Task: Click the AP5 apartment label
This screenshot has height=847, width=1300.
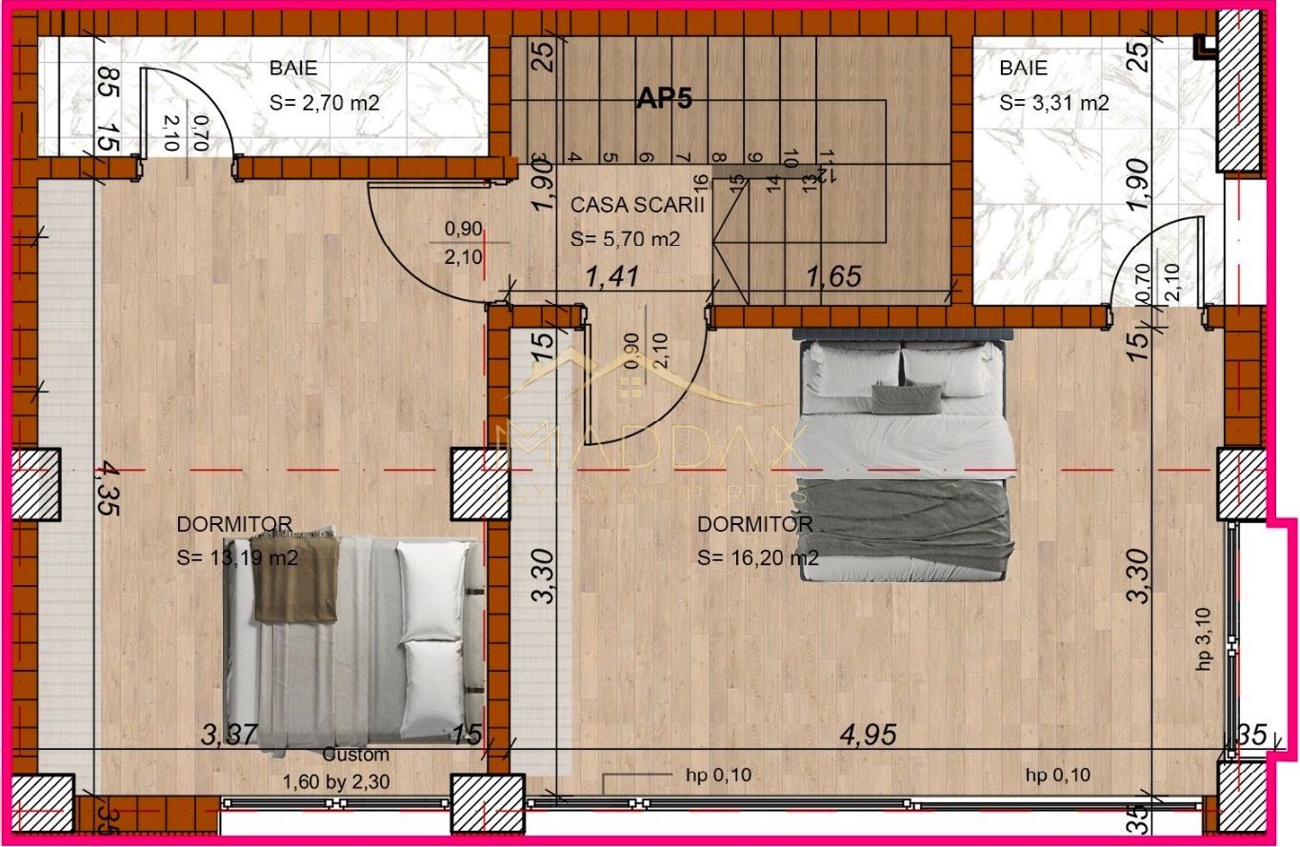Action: [x=664, y=99]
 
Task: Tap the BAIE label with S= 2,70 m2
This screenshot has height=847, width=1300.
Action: [x=293, y=68]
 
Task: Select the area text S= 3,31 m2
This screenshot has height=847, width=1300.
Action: [x=1054, y=103]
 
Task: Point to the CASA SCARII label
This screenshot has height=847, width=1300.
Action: [x=637, y=205]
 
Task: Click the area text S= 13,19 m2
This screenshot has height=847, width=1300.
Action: [x=237, y=557]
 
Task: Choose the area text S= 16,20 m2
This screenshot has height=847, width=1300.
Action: [x=758, y=557]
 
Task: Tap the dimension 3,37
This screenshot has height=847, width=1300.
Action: [x=230, y=734]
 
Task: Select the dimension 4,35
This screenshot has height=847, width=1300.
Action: [x=108, y=488]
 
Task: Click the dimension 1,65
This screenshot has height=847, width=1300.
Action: [x=833, y=276]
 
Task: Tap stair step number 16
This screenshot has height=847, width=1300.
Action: [x=700, y=181]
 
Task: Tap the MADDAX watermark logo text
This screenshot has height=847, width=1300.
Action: [x=648, y=453]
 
